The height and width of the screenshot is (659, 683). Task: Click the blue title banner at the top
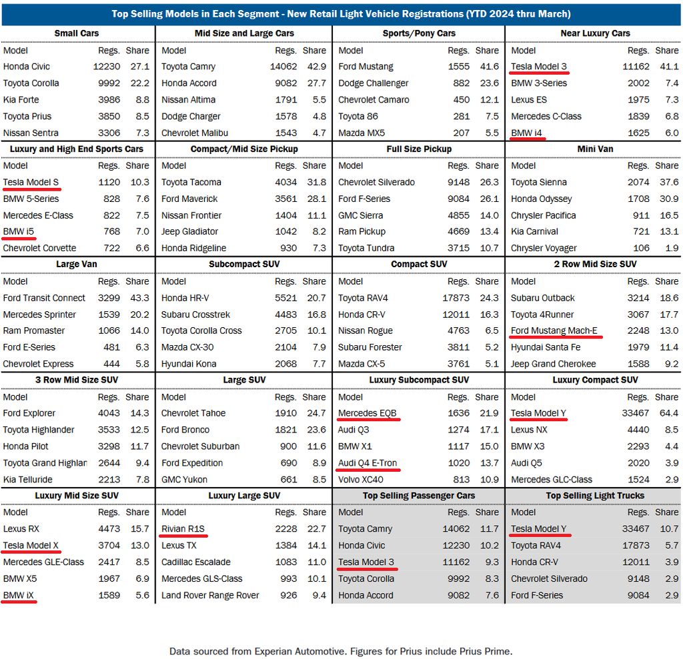pos(341,14)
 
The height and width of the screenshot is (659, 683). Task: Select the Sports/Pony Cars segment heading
pos(419,33)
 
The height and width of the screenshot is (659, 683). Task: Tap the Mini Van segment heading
pos(595,149)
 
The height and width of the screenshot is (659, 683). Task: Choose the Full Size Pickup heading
pos(419,149)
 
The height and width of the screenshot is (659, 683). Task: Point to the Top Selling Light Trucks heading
pos(595,496)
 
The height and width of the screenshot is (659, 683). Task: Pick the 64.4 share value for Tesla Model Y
pos(666,414)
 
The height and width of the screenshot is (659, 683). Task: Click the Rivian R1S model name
pos(183,529)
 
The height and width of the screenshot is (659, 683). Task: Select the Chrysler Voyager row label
pos(544,249)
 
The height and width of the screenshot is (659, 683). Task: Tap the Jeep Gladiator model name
pos(189,232)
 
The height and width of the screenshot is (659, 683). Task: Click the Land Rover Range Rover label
pos(210,596)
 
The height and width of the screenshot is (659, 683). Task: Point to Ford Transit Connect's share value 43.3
pos(137,299)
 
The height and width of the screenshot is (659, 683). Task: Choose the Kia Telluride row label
pos(27,480)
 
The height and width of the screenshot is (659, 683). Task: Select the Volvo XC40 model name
pos(361,480)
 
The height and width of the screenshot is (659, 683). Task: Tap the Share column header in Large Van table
pos(137,282)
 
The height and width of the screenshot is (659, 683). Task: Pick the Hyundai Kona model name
pos(189,364)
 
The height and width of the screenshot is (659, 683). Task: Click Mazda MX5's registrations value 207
pos(460,133)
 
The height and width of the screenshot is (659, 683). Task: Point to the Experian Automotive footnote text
pos(341,651)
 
